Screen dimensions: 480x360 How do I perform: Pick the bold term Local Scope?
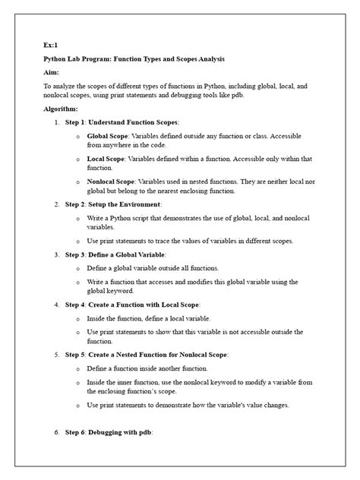coord(107,159)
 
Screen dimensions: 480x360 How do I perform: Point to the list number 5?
coord(57,354)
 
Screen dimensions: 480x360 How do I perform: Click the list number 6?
coord(57,431)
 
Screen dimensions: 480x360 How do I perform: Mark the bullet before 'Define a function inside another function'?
coord(79,368)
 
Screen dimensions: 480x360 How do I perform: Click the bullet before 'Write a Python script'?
coord(79,218)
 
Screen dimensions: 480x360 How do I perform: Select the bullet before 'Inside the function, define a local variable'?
coord(79,318)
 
